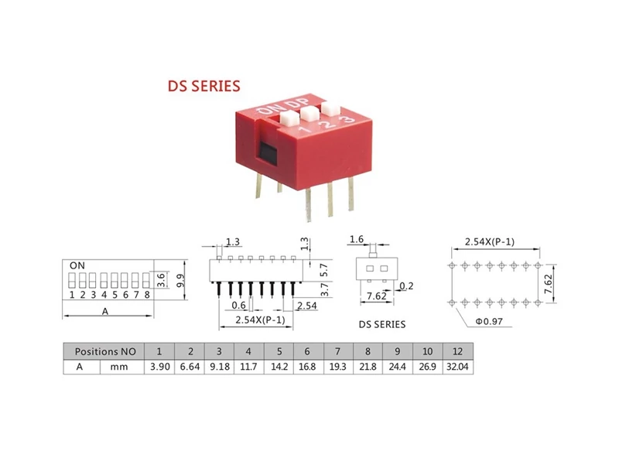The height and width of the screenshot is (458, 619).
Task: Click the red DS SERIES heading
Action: tap(203, 86)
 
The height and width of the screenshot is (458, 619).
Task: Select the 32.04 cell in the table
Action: tap(457, 367)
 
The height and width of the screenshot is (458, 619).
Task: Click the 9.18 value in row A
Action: tap(220, 367)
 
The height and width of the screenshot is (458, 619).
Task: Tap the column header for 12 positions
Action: tap(457, 351)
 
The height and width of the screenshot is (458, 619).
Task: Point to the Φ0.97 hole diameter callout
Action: tap(489, 321)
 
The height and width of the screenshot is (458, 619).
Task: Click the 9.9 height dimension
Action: tap(181, 281)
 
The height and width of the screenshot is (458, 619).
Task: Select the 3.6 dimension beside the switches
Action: tap(161, 280)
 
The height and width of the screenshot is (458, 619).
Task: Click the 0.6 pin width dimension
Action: tap(238, 305)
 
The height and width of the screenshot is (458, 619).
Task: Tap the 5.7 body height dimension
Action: tap(324, 270)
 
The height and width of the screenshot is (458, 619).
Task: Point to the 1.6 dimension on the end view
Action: tap(357, 239)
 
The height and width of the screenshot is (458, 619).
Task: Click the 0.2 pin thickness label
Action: tap(406, 285)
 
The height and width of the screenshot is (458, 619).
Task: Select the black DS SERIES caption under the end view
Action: tap(381, 325)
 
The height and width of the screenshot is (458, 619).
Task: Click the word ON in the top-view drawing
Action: tap(77, 265)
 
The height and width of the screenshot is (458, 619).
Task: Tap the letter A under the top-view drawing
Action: tap(105, 312)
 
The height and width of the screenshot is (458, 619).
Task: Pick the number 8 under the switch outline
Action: tap(147, 295)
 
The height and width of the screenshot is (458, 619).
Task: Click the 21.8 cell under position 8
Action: tap(368, 367)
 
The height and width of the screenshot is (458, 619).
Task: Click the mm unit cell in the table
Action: tap(119, 367)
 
